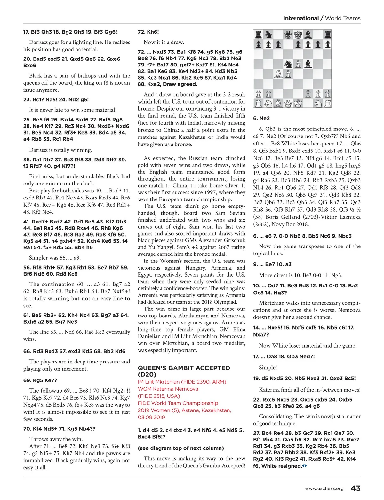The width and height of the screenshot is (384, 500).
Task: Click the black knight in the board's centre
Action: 288,64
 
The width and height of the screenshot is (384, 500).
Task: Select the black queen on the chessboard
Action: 288,35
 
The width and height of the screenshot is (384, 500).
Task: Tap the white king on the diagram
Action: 298,104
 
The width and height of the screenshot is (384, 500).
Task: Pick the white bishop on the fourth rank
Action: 278,74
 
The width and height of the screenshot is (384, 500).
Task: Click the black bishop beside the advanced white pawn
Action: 308,64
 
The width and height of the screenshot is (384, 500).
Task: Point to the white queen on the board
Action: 288,104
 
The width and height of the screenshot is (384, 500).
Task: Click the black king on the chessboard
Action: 298,35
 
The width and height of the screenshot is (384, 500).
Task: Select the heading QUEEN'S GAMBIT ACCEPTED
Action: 184,368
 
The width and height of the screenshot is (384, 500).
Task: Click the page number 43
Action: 356,488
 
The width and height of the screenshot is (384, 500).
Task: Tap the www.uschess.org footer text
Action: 324,488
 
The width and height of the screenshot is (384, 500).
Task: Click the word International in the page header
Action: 301,18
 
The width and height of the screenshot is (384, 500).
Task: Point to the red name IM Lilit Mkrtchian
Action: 182,382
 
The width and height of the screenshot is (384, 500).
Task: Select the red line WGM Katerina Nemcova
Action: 168,389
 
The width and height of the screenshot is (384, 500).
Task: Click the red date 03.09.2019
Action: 151,417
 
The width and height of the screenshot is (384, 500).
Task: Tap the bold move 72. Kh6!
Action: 148,32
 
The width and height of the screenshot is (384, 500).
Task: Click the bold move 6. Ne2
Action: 261,118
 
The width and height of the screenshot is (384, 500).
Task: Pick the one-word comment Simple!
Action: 268,367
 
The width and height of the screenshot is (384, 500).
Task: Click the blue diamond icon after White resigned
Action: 304,466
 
